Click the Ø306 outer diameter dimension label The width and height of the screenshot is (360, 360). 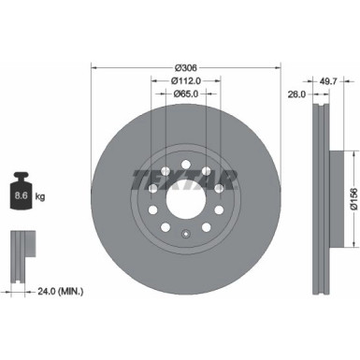[x=187, y=69]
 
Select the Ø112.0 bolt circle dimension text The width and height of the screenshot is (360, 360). [x=187, y=81]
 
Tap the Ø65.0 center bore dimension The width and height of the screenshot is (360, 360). [x=187, y=94]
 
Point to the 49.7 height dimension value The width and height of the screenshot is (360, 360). [x=328, y=82]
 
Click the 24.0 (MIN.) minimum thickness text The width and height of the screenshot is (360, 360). [x=53, y=292]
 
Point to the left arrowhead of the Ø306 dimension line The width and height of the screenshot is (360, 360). [x=94, y=68]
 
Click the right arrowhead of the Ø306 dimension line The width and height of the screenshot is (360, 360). [x=280, y=68]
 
